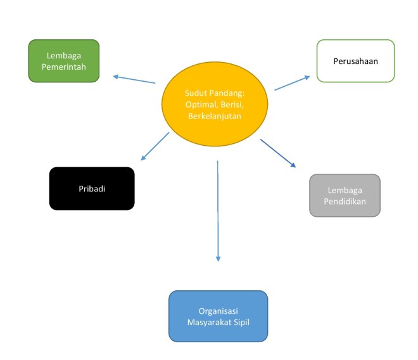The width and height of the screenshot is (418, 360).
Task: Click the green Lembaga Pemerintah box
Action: tap(63, 61)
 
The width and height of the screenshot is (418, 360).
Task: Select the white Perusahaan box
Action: tap(355, 61)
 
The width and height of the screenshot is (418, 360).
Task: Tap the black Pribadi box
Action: tap(92, 188)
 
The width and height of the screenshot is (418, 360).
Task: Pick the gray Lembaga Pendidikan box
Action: tap(345, 196)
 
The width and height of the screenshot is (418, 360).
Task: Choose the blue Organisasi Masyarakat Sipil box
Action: tap(218, 316)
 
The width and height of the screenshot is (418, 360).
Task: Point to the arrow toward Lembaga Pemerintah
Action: tap(134, 79)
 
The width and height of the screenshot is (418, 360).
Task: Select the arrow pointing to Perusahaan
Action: tap(292, 83)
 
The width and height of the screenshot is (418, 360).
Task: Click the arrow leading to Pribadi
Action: tap(154, 146)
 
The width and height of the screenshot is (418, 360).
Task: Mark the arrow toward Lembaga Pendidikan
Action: tap(278, 153)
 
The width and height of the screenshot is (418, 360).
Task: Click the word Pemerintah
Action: tap(63, 67)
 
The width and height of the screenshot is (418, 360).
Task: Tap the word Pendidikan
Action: tap(345, 202)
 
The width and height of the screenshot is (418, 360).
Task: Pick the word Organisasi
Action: tap(218, 311)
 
